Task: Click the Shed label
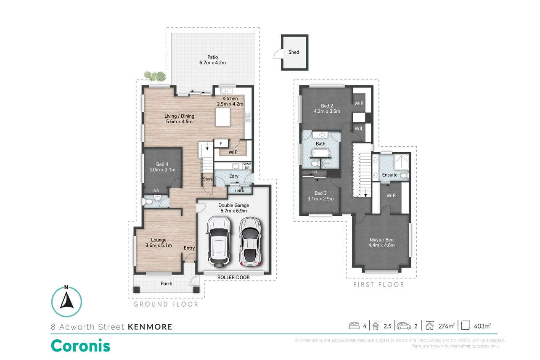[294, 52]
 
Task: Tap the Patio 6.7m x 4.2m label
[212, 60]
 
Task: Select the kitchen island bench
[222, 117]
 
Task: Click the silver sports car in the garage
[250, 242]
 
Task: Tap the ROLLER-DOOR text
[233, 278]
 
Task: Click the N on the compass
[66, 287]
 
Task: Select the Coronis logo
[80, 346]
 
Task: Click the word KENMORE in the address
[150, 327]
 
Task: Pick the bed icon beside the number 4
[354, 326]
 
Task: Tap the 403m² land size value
[482, 326]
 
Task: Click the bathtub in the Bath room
[320, 153]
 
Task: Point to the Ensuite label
[389, 175]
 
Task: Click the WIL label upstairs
[359, 129]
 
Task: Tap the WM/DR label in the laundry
[247, 166]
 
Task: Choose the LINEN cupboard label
[239, 191]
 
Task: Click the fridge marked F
[221, 143]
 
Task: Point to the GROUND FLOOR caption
[166, 304]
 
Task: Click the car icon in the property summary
[404, 326]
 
